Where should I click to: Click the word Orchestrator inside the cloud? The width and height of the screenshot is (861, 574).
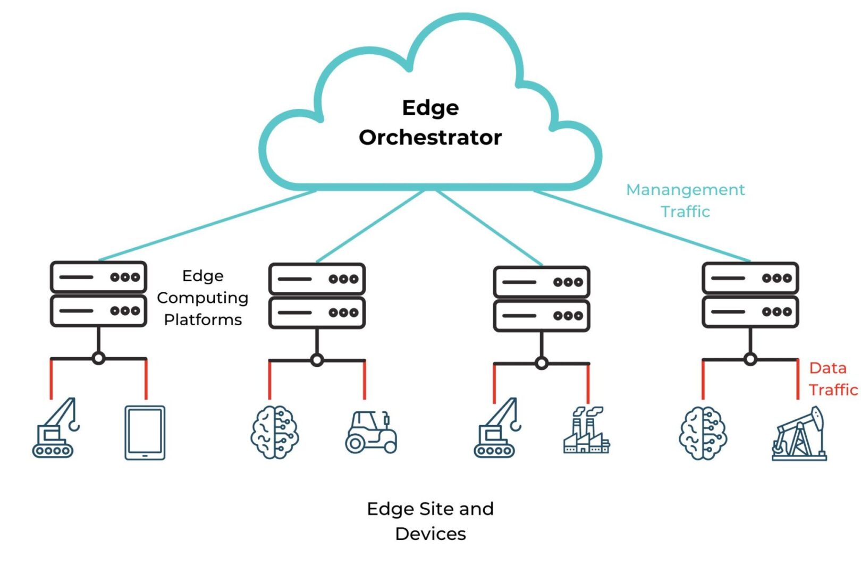click(x=430, y=138)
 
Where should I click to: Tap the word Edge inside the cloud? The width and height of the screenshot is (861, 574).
click(x=430, y=108)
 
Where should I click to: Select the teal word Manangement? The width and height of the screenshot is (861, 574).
click(x=685, y=190)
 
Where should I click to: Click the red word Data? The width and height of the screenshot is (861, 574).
click(x=828, y=368)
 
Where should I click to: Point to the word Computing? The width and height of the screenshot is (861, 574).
click(x=202, y=298)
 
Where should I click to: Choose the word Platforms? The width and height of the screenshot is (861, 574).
click(x=202, y=320)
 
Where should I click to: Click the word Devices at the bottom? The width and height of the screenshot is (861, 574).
click(x=430, y=534)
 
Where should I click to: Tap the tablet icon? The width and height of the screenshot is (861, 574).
click(x=145, y=433)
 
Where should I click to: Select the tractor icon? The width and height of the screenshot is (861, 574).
click(x=371, y=432)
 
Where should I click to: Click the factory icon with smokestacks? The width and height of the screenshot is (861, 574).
click(x=586, y=430)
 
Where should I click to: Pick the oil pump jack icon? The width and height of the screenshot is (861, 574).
click(x=799, y=434)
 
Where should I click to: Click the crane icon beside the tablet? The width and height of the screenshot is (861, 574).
click(x=55, y=428)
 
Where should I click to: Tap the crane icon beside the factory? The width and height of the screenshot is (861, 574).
click(x=497, y=428)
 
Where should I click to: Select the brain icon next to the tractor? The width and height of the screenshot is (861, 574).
click(x=274, y=433)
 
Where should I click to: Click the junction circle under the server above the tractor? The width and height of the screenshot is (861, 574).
click(x=317, y=360)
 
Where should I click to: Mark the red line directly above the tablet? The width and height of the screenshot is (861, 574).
click(x=146, y=379)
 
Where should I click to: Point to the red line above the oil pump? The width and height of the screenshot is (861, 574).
click(x=797, y=379)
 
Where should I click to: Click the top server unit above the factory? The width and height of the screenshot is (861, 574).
click(x=541, y=282)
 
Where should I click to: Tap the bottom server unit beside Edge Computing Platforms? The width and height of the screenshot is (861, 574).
click(x=98, y=311)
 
